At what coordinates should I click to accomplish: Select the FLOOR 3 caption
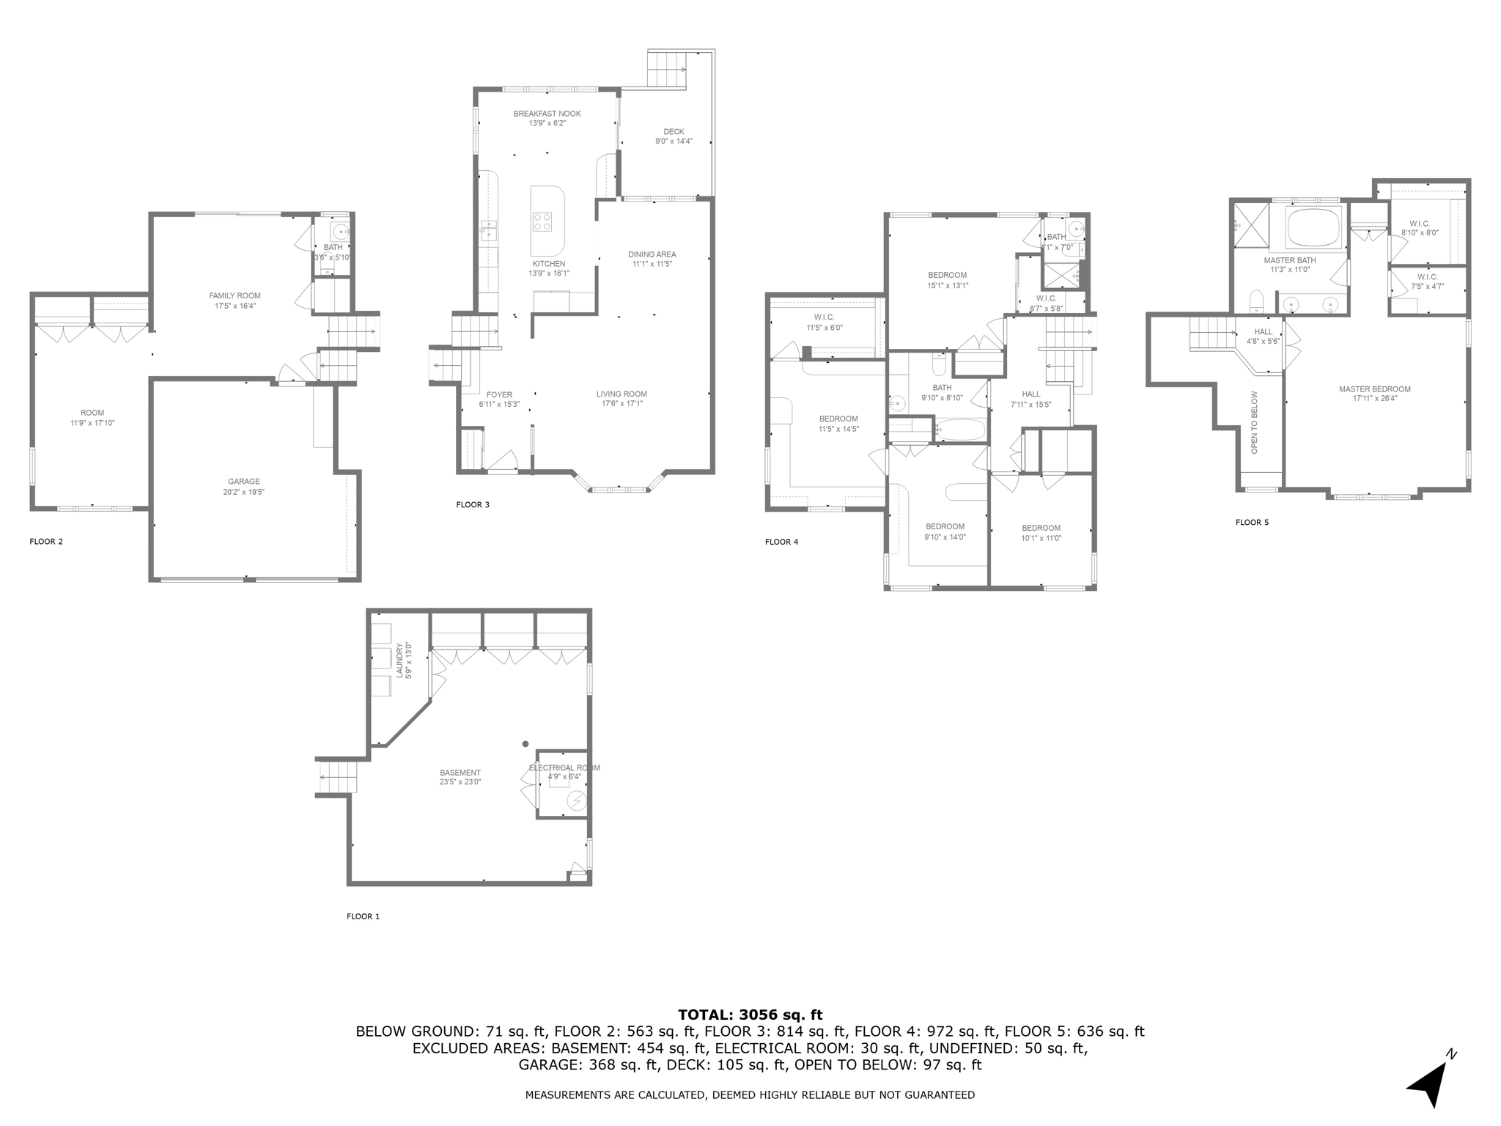pos(473,504)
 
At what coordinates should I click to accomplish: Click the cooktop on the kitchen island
pos(542,221)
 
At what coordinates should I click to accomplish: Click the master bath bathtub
pos(1314,227)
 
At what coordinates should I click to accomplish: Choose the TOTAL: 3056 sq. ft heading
pos(750,1015)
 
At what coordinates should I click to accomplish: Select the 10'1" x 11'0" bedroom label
pos(1041,533)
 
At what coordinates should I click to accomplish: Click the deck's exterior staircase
pos(666,70)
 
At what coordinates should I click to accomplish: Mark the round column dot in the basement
pos(525,744)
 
